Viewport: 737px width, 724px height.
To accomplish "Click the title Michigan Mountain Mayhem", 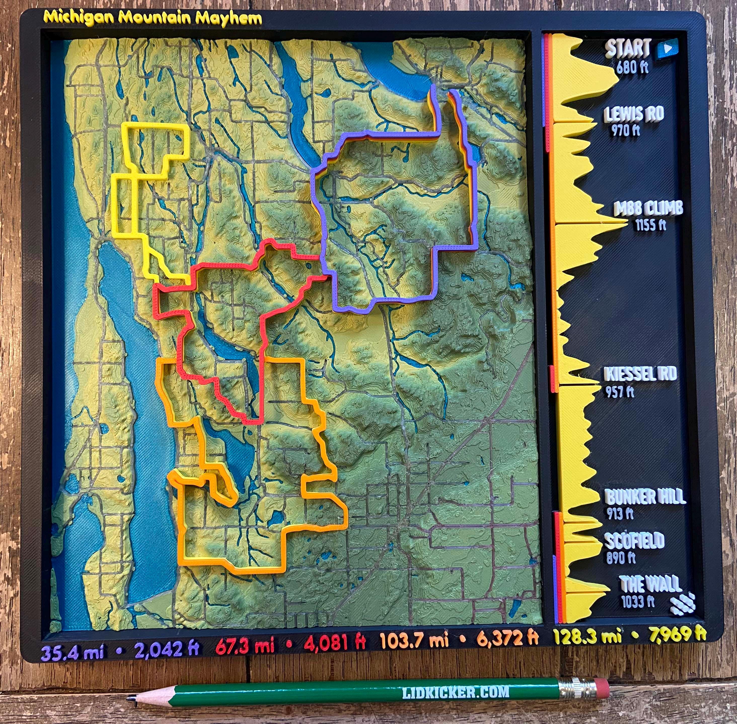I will coord(153,18).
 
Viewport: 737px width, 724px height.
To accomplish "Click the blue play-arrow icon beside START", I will coord(667,49).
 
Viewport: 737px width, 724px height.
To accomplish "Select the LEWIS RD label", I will coord(634,114).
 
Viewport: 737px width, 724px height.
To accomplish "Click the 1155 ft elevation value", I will coord(650,225).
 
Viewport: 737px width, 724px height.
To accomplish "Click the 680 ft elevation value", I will coord(632,67).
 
